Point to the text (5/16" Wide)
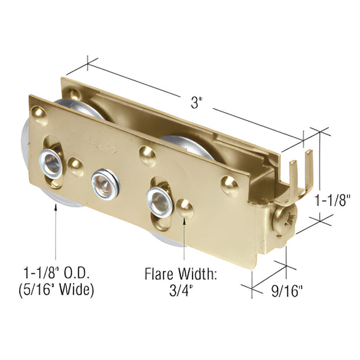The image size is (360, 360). (57, 291)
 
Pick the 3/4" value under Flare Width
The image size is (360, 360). (182, 292)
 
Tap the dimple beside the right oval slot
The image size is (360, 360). (186, 211)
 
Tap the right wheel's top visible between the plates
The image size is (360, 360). (177, 140)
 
